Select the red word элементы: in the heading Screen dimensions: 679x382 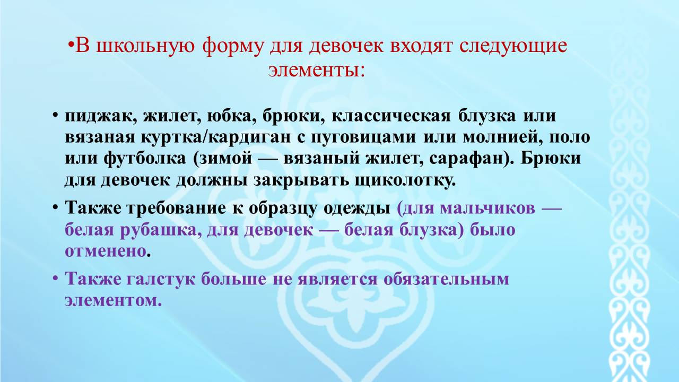click(x=317, y=71)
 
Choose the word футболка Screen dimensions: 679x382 click(x=145, y=159)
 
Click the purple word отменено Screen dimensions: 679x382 click(x=106, y=252)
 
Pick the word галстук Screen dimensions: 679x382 click(x=161, y=280)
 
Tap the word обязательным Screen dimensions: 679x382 click(x=446, y=280)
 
